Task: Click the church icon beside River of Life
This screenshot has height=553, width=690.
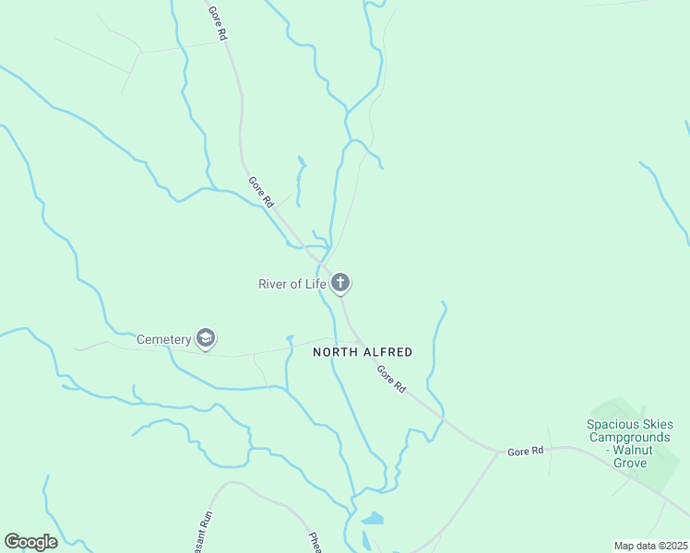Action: click(x=340, y=283)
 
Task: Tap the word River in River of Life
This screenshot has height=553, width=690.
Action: click(x=275, y=284)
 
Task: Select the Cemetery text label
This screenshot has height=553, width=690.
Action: click(x=163, y=339)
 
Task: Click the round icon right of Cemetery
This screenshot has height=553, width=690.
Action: click(x=206, y=339)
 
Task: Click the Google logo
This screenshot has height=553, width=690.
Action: click(x=30, y=542)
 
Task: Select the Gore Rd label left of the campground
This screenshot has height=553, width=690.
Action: click(x=526, y=452)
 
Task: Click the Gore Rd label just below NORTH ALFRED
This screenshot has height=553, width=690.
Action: click(x=390, y=379)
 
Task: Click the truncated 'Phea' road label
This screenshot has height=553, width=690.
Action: click(x=315, y=540)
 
